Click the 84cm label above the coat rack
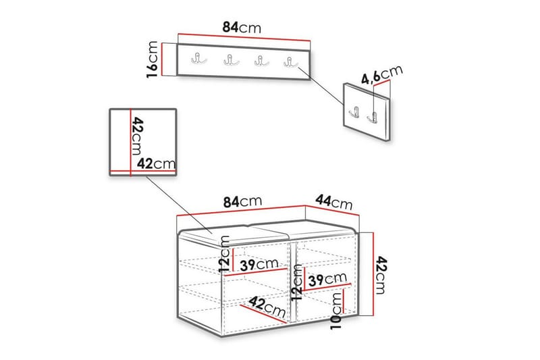tap(242, 27)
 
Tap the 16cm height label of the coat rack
tap(153, 59)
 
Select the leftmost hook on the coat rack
tap(198, 59)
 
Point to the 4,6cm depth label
tap(381, 74)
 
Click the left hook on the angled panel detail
tap(355, 111)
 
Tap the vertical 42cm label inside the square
tap(137, 136)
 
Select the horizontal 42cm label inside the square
tap(157, 163)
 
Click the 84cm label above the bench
tap(242, 201)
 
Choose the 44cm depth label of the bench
tap(334, 202)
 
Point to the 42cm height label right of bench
tap(381, 275)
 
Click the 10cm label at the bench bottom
tap(336, 311)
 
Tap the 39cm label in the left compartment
tap(259, 265)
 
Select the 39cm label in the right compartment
tap(327, 280)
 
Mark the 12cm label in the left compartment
tap(224, 254)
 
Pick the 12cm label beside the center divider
tap(296, 282)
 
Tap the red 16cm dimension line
tap(161, 59)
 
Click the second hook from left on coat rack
tap(232, 60)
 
